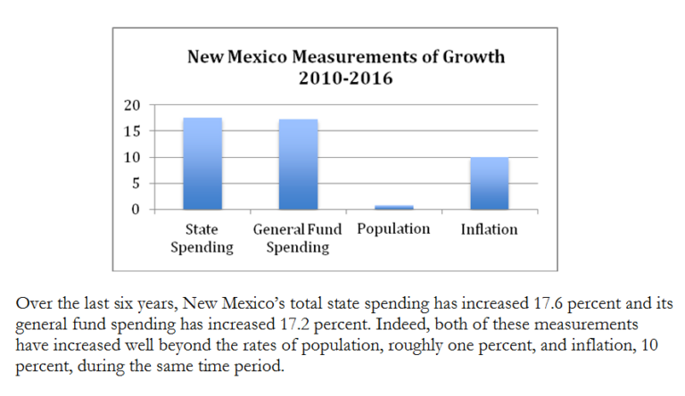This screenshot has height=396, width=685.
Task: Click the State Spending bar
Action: click(x=202, y=164)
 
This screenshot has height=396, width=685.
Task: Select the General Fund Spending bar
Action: click(x=297, y=165)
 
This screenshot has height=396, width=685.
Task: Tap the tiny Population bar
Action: click(x=394, y=207)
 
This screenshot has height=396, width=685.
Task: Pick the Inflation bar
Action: click(x=489, y=184)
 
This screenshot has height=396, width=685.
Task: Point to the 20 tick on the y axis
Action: click(x=132, y=105)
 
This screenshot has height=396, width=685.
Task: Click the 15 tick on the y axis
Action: click(x=132, y=131)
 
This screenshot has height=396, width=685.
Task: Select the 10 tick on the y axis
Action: click(x=132, y=158)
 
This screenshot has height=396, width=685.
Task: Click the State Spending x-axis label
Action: click(x=202, y=238)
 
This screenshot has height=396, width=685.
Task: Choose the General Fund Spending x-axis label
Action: click(x=297, y=238)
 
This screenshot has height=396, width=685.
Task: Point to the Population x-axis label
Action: click(x=393, y=229)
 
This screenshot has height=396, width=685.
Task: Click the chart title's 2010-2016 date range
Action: click(x=346, y=78)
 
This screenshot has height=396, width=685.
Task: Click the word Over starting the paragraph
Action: click(x=33, y=303)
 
